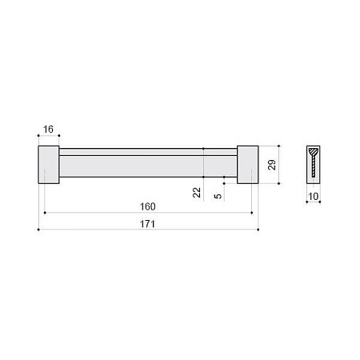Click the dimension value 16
[48, 130]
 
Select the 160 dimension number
[148, 206]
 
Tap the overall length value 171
[147, 224]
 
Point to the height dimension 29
[272, 165]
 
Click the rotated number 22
[197, 192]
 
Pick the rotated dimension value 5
[218, 196]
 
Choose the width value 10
[314, 197]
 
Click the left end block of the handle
[49, 165]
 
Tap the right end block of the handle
[248, 165]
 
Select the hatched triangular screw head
[314, 152]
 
